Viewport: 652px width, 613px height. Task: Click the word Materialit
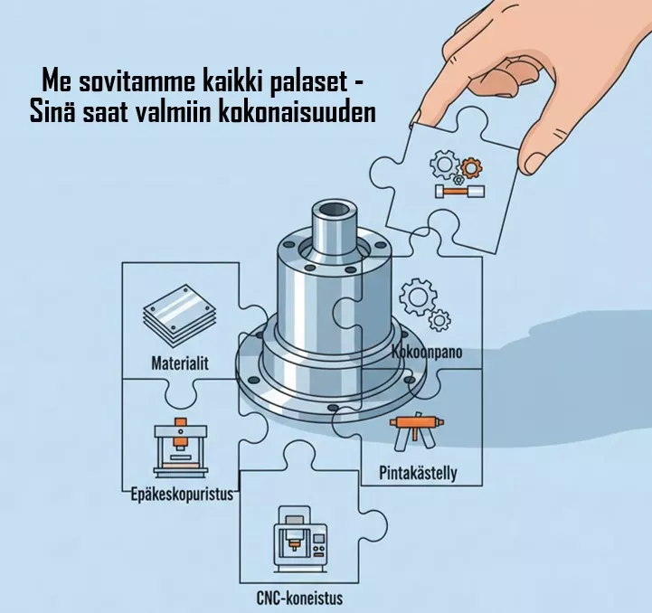[x=180, y=363]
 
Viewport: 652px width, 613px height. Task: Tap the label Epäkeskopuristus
[x=182, y=495]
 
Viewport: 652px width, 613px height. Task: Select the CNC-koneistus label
[x=299, y=599]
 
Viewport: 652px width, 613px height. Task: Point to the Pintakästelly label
[x=418, y=473]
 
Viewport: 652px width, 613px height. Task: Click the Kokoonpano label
[x=427, y=353]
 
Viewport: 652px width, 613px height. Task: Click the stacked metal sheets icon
[x=180, y=315]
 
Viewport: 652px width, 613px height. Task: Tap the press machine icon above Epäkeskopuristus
[x=181, y=448]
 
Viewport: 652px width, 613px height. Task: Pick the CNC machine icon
[x=300, y=541]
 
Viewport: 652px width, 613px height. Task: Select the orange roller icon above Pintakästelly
[x=416, y=431]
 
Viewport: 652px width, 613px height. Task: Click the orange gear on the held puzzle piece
[x=471, y=168]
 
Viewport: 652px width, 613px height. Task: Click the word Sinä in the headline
[x=52, y=112]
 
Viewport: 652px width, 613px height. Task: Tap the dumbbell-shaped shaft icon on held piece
[x=459, y=192]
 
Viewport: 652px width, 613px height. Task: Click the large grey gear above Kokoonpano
[x=419, y=297]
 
